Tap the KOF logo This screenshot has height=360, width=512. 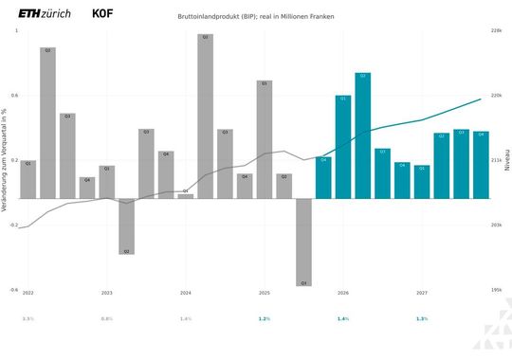[105, 15]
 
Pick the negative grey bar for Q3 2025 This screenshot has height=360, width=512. [303, 241]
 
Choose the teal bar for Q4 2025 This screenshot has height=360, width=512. [323, 177]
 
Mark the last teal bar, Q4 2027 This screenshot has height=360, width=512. [481, 165]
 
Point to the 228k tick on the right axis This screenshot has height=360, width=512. [495, 31]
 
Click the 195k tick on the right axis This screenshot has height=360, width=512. [495, 290]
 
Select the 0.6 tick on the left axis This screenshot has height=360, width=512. [13, 96]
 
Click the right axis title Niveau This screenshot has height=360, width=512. [506, 161]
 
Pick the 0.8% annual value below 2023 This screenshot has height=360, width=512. [107, 319]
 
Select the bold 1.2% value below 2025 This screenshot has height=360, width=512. [265, 319]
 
